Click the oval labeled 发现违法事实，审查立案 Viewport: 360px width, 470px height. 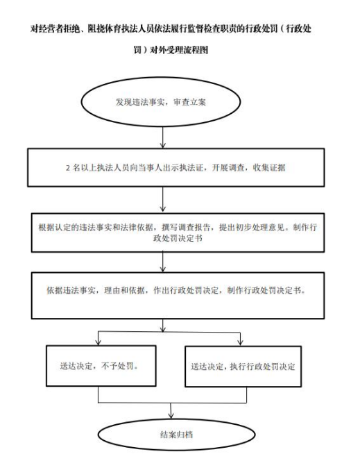[x=161, y=102]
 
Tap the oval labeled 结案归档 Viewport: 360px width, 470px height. [x=176, y=435]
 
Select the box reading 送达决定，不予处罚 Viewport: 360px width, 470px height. [x=101, y=366]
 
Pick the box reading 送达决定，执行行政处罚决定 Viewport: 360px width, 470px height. [x=243, y=367]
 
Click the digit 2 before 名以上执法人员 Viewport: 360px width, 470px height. [x=68, y=168]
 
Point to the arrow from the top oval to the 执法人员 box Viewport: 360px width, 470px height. [x=162, y=137]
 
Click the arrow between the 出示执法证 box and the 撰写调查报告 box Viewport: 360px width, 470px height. [x=162, y=199]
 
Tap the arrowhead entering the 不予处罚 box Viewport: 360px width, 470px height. [x=98, y=342]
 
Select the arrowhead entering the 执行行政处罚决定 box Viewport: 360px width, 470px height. [x=240, y=342]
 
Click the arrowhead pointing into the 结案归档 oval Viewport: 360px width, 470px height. [x=171, y=415]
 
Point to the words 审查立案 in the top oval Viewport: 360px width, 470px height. [x=189, y=102]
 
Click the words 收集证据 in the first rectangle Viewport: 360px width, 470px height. [x=269, y=167]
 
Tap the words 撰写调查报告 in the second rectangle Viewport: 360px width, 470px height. [x=186, y=227]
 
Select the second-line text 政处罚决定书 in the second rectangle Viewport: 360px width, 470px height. [x=178, y=238]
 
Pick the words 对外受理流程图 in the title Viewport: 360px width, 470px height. [x=179, y=50]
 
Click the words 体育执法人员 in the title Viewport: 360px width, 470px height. [x=130, y=28]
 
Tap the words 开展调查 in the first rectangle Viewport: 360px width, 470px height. [x=228, y=167]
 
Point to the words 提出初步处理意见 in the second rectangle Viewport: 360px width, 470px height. [x=251, y=227]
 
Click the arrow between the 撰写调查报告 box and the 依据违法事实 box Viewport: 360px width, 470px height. [x=162, y=262]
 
